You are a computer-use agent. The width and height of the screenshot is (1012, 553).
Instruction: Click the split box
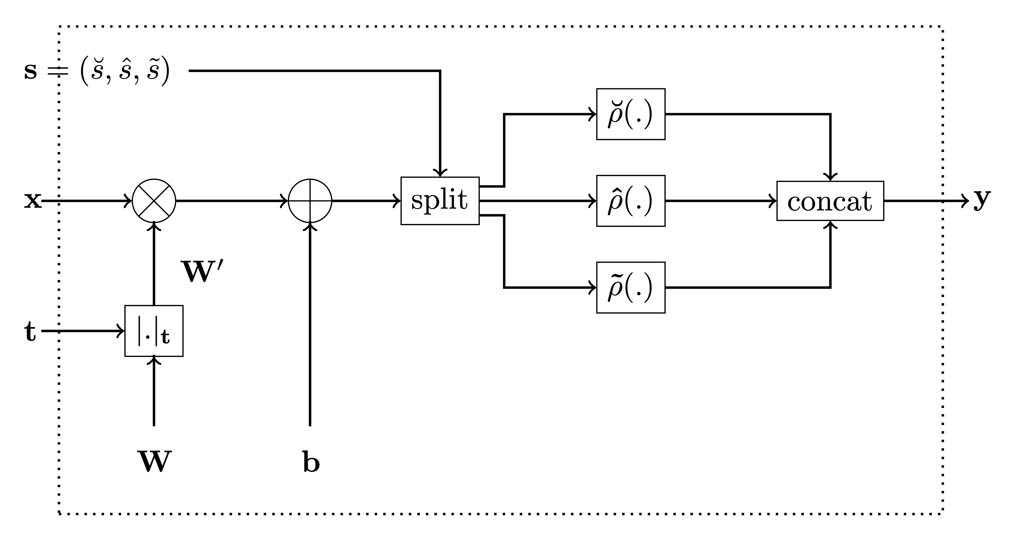[440, 201]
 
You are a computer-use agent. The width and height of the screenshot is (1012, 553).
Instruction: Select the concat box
[830, 201]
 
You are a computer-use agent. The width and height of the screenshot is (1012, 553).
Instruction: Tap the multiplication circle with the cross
[154, 201]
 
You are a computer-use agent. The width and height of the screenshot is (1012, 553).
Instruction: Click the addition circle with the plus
[310, 201]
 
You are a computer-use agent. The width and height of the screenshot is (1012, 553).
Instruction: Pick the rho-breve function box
[630, 114]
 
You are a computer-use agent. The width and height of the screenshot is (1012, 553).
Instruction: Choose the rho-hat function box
[630, 201]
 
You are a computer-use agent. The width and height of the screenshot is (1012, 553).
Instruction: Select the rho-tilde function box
[630, 287]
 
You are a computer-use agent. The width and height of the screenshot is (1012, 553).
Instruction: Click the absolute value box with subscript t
[154, 331]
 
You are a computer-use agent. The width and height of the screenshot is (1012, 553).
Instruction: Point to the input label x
[33, 201]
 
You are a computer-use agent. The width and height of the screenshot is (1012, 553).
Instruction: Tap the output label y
[982, 199]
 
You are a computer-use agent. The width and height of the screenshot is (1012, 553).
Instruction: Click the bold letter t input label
[30, 331]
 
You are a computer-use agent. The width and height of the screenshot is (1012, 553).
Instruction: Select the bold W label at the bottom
[154, 461]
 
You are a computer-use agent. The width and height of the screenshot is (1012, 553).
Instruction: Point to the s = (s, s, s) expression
[97, 71]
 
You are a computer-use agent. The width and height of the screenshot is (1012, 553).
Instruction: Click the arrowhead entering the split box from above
[440, 173]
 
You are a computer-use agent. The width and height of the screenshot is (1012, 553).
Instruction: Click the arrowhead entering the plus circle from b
[310, 227]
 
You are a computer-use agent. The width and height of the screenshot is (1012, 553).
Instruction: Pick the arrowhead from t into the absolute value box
[121, 331]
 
